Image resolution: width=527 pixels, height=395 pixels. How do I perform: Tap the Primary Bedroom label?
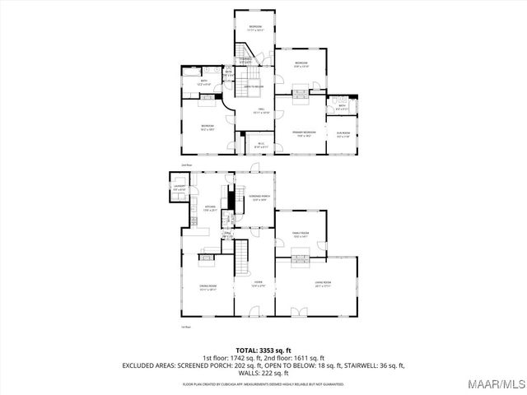coord(303,133)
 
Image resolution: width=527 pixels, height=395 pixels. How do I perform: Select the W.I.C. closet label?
coord(259,146)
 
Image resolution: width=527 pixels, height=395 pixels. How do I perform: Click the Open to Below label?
coord(253,86)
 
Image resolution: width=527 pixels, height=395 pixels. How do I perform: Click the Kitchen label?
coord(209,208)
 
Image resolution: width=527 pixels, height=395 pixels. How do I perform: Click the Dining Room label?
coord(207,287)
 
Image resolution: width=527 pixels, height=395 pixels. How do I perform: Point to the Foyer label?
coord(258,286)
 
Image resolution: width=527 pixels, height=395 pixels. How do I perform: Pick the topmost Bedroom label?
coord(256,28)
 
